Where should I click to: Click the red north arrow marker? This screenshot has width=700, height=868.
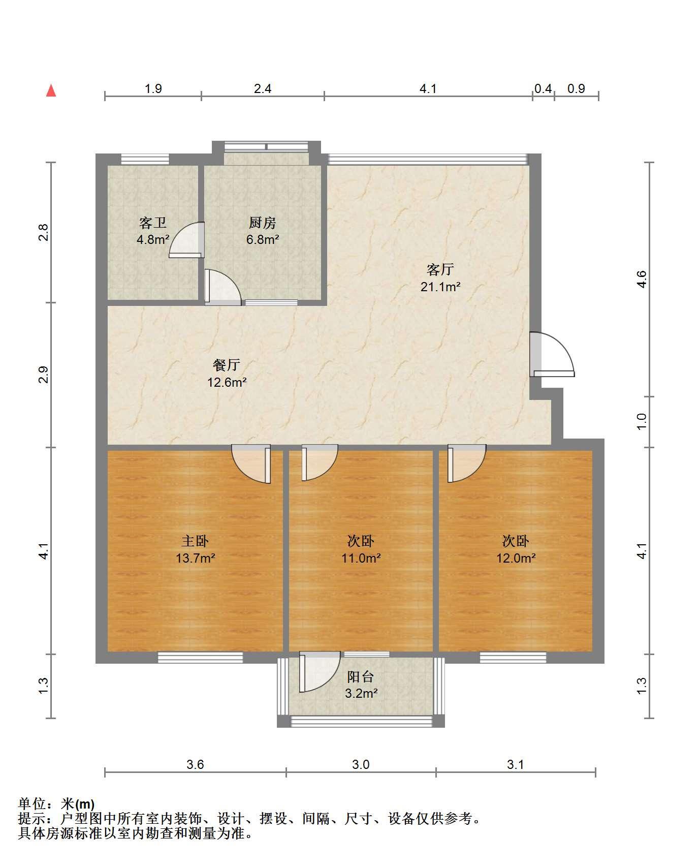point(51,90)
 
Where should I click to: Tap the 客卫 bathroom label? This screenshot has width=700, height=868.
point(153,223)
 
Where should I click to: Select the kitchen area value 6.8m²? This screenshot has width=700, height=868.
point(263,239)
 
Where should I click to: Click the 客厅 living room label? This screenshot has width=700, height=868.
point(440,269)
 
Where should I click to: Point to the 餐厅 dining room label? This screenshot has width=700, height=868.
point(227,365)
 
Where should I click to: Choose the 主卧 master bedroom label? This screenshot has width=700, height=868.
point(196,541)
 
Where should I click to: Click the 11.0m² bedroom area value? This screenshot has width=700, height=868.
point(361,558)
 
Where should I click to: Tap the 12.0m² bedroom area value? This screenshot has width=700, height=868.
point(516,558)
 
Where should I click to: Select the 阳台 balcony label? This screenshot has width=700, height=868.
point(361,677)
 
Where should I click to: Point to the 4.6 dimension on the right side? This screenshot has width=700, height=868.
point(642,279)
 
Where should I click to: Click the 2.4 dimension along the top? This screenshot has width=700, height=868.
point(263,89)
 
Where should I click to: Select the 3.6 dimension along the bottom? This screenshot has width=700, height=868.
point(195,764)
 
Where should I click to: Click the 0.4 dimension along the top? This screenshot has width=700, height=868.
point(543,89)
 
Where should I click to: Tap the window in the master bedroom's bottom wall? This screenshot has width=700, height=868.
point(200,658)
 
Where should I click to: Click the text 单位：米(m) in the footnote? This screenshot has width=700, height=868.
point(56,804)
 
